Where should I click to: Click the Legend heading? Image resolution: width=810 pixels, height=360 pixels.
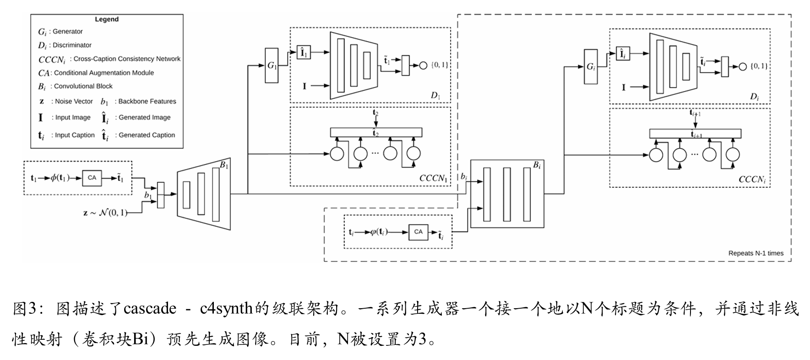click(x=107, y=19)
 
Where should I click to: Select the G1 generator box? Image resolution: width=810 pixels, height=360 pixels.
click(x=272, y=65)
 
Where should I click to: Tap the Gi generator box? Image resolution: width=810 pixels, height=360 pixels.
click(x=591, y=67)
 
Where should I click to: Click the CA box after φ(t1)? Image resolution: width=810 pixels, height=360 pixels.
click(x=92, y=178)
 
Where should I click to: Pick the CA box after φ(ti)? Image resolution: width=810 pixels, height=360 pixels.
click(x=418, y=232)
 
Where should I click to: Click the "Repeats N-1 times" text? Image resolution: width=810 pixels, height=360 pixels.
click(x=756, y=253)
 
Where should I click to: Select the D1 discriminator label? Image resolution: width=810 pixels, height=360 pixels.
click(x=435, y=96)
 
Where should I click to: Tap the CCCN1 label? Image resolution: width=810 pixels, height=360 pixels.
click(x=433, y=178)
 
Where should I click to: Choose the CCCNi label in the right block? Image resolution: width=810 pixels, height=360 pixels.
click(x=752, y=180)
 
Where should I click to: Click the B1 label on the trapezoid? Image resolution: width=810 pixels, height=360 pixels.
click(x=224, y=165)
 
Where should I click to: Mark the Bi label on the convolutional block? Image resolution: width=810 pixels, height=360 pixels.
click(x=537, y=165)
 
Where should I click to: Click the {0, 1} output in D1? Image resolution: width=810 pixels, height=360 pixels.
click(x=440, y=65)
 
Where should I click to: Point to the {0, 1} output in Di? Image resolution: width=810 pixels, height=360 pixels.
click(x=759, y=66)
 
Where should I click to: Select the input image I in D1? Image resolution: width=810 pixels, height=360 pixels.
click(x=304, y=86)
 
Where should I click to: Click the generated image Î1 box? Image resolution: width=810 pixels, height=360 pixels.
click(x=303, y=53)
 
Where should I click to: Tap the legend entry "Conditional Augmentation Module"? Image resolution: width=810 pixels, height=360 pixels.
click(x=104, y=73)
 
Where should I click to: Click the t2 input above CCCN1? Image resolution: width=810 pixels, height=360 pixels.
click(x=375, y=113)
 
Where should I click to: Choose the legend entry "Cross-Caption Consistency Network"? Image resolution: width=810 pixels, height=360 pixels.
click(x=127, y=59)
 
